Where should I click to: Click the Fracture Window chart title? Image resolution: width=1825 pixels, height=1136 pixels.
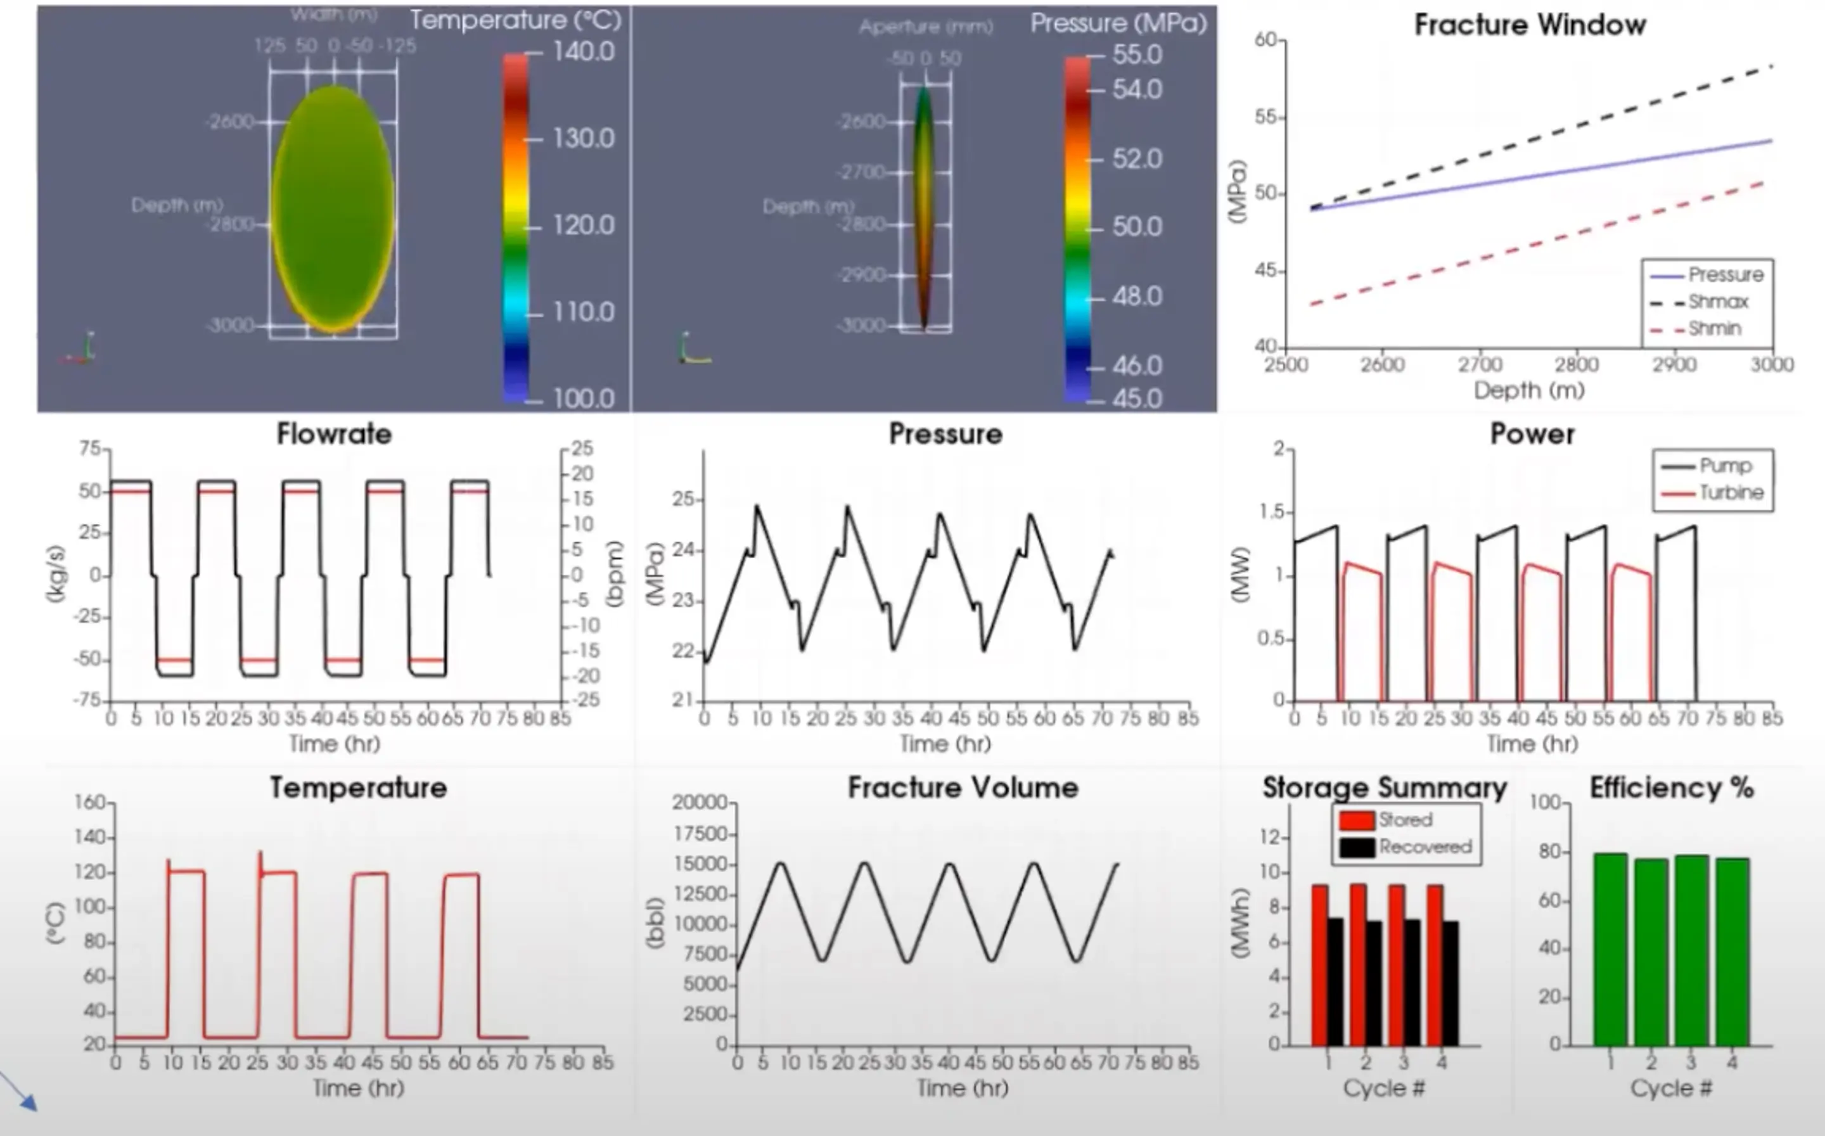(x=1530, y=25)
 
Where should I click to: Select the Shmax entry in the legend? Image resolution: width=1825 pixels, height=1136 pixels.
(x=1717, y=302)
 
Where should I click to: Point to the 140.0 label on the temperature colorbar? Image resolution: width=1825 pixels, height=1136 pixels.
(x=583, y=52)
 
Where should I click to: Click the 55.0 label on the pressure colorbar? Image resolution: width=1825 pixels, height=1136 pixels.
(x=1137, y=55)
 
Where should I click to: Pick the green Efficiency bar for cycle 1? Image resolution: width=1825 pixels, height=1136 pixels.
(x=1610, y=950)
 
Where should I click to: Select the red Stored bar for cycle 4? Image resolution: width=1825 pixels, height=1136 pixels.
(x=1434, y=965)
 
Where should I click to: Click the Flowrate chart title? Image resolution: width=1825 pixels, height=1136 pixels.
(x=335, y=434)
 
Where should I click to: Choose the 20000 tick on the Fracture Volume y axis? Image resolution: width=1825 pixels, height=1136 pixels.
(x=699, y=802)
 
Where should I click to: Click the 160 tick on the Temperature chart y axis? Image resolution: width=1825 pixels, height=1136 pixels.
(x=89, y=802)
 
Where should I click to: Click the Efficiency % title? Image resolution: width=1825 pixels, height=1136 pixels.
(x=1671, y=788)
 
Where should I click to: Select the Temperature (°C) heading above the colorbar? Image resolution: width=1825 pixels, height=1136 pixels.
(x=515, y=20)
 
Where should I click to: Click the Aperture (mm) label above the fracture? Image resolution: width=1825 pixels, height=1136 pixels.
(x=926, y=28)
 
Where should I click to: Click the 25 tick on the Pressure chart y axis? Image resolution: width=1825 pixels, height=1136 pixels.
(x=683, y=500)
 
